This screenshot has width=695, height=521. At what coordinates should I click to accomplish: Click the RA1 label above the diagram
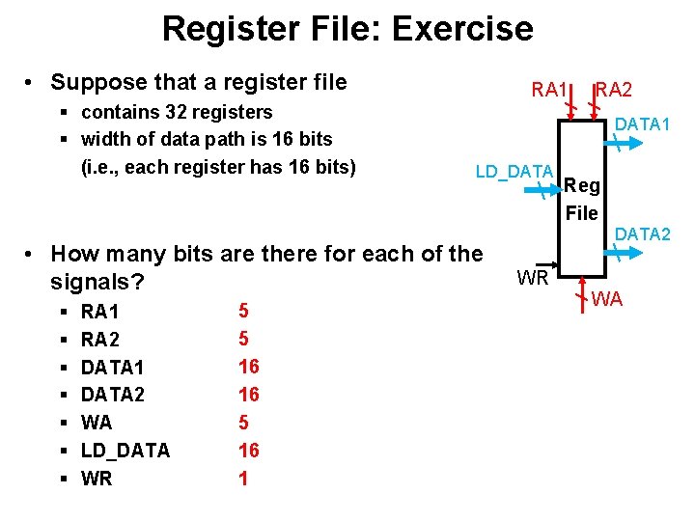[549, 90]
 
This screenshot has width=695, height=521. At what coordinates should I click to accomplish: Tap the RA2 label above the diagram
[614, 90]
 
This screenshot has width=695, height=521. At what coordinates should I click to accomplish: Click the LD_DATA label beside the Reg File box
[514, 172]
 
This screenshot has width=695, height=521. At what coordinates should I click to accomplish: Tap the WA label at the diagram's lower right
[607, 299]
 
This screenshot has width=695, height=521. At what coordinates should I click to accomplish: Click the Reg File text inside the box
[582, 199]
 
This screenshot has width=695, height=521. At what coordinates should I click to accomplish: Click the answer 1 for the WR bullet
[242, 478]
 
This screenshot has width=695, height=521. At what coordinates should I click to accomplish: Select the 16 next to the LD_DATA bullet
[248, 450]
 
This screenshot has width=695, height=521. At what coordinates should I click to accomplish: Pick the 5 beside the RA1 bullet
[243, 311]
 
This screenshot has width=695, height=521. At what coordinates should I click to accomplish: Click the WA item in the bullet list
[97, 422]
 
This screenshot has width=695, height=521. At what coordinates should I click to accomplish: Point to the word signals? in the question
[97, 283]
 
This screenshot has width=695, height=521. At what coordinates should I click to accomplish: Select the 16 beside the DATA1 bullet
[248, 366]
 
